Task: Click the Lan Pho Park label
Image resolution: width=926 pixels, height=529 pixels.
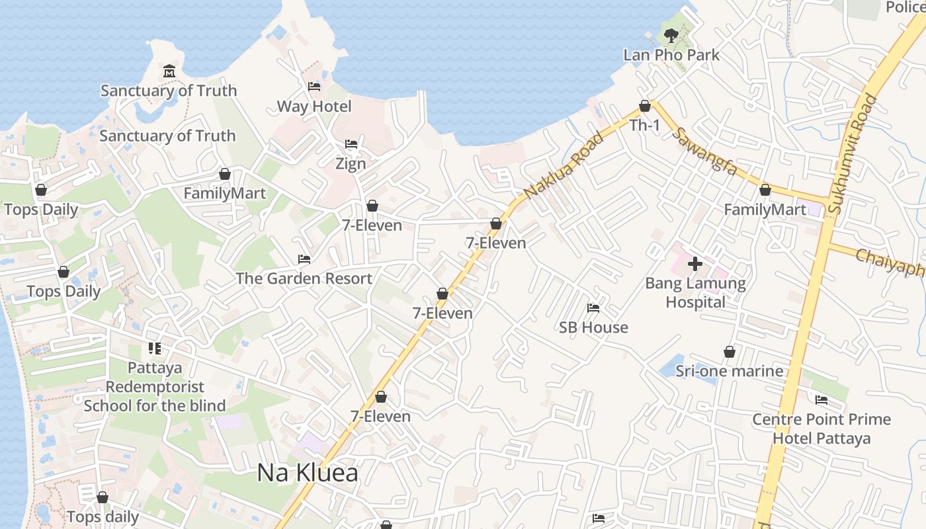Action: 671,55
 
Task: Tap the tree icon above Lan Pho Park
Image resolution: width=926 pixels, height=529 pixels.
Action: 671,36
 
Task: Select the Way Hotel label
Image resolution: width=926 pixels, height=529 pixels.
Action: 314,106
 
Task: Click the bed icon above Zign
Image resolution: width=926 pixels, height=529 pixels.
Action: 351,145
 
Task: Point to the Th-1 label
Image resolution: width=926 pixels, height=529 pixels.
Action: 645,125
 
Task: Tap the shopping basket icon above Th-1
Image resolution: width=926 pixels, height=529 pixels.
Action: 645,106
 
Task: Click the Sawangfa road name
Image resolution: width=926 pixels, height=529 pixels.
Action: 704,151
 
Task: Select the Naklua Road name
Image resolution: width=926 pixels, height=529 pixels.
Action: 564,165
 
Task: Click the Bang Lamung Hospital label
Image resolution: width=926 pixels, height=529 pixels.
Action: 695,293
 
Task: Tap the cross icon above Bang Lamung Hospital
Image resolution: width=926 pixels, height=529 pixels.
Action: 695,264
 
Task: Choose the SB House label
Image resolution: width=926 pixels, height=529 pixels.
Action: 593,327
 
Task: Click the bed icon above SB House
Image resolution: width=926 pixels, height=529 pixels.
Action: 593,308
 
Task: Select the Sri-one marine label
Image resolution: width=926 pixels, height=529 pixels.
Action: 730,371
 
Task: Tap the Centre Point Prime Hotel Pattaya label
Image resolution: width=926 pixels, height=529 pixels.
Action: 821,428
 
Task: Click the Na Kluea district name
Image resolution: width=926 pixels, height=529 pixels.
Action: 308,473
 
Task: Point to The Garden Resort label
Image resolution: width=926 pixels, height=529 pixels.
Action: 304,278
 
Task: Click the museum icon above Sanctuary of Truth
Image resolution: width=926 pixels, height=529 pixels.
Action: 169,71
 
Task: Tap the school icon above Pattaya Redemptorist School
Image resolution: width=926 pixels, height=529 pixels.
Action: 155,348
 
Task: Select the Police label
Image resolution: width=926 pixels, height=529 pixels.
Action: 905,7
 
